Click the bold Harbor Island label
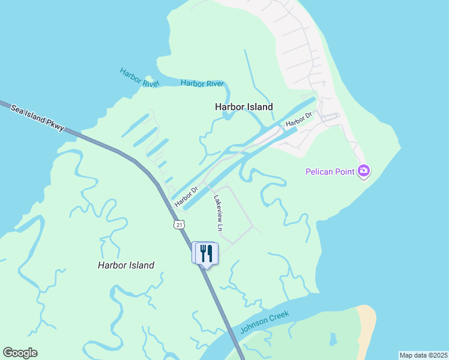(x=244, y=107)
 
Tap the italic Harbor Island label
(x=126, y=265)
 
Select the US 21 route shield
(x=179, y=224)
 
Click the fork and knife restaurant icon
(x=206, y=253)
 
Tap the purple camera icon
(x=363, y=172)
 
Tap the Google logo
(x=20, y=353)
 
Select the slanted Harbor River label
(x=139, y=77)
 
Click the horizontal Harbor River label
(x=202, y=83)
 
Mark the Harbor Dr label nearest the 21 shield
(x=187, y=198)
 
